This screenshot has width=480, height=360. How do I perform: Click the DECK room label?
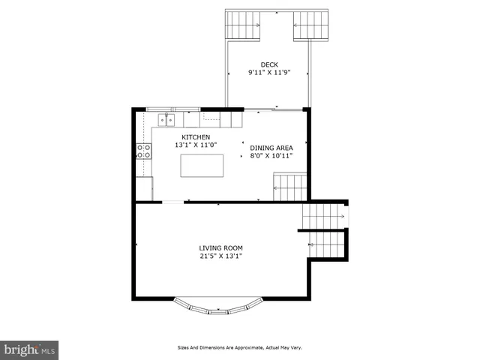pos(268,64)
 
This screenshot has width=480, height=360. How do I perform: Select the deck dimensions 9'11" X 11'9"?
pos(268,73)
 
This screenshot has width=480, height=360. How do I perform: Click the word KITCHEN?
pos(195,136)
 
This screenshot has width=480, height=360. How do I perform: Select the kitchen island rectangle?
pos(202,166)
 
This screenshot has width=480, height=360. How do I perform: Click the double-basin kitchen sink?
pos(166,119)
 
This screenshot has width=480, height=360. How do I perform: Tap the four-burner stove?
pos(144,151)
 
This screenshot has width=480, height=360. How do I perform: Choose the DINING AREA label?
pos(271,148)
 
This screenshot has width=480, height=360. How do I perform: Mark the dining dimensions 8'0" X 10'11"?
pos(271,157)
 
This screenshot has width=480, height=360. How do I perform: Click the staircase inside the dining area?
pos(289,187)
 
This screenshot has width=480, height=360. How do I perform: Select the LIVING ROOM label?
pos(220,247)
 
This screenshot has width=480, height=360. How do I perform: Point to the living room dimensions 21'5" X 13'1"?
pos(220,256)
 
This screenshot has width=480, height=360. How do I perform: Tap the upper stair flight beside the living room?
pos(322,216)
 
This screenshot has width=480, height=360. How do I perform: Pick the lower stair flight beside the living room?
pos(328,244)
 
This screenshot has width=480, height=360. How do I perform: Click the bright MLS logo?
pos(29,350)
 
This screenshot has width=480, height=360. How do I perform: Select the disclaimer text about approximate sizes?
pos(239,348)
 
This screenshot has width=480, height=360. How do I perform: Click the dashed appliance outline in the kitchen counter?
pos(211,117)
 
